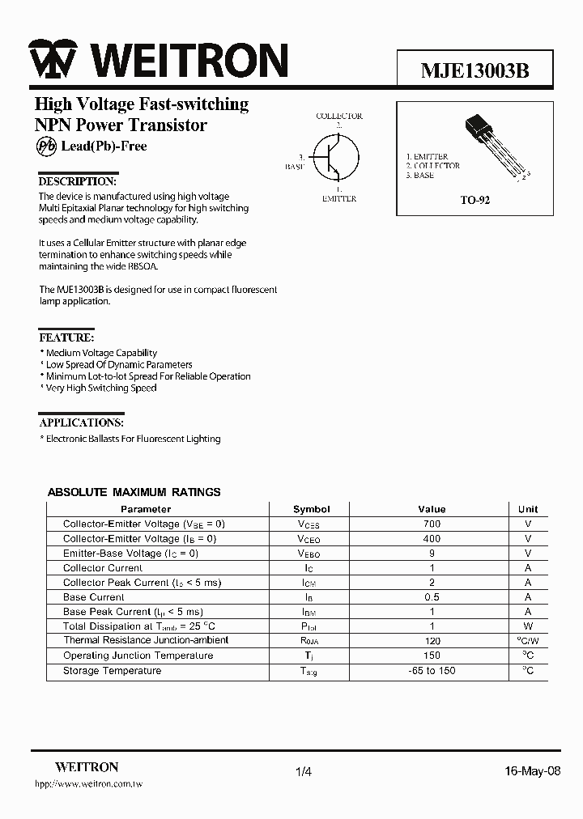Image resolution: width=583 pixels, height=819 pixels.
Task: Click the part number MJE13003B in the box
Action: (x=474, y=70)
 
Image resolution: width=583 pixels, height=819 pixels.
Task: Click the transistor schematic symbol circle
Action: (x=331, y=155)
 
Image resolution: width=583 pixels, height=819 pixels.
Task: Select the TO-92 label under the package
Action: (x=475, y=199)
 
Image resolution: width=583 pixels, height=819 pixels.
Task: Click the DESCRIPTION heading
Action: (x=78, y=181)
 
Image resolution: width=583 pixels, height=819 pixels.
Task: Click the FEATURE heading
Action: (x=66, y=337)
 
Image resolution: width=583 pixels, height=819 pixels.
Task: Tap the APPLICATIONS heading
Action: (x=82, y=422)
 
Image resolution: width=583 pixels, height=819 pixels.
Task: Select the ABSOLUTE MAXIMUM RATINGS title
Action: (x=134, y=492)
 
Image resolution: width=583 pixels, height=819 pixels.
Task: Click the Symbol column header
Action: (x=312, y=509)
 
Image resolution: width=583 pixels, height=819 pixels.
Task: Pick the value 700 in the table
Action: (x=432, y=524)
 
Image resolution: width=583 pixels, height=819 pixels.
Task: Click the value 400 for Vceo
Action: (x=432, y=538)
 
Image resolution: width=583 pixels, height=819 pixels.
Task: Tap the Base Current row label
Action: (x=94, y=597)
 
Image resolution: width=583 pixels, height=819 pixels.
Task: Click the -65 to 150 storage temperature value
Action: (x=432, y=671)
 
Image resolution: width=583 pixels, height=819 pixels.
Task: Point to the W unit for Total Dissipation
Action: (x=528, y=626)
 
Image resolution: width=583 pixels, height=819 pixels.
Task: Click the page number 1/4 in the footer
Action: (x=304, y=771)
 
